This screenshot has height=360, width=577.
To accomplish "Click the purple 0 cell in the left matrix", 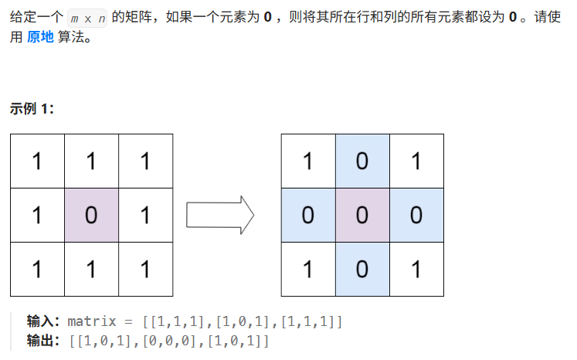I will click(91, 215).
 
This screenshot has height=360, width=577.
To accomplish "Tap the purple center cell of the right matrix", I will click(362, 215).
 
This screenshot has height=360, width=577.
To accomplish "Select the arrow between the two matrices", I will click(220, 216).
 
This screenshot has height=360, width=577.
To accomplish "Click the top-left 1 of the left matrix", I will click(37, 161).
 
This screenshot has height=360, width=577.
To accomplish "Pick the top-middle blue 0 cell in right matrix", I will click(362, 161).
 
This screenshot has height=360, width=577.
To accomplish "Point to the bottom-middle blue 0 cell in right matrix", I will click(362, 269).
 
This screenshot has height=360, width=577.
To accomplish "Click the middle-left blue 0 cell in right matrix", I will click(307, 215).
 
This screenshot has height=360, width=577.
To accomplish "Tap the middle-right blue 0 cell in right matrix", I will click(416, 215).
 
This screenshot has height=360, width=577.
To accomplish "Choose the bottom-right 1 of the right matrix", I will click(416, 269).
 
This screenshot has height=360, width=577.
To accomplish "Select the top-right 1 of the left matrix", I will click(145, 161).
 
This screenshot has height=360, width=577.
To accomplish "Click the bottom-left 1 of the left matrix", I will click(37, 269).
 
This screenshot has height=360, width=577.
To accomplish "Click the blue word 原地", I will click(41, 37).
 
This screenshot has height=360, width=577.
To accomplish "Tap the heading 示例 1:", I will click(32, 109).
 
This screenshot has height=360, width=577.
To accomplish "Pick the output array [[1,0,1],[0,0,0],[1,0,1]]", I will click(168, 340).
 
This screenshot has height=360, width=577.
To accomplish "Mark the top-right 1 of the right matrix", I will click(416, 161).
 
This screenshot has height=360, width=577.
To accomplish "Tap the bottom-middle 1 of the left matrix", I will click(91, 269).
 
